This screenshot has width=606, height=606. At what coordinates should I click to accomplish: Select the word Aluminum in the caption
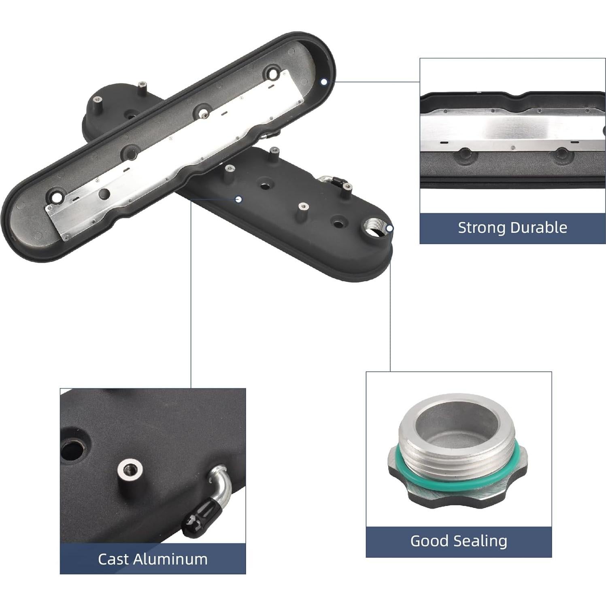[170, 559]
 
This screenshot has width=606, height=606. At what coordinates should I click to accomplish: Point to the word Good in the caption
[428, 541]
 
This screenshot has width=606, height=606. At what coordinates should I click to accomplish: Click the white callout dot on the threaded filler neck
[389, 228]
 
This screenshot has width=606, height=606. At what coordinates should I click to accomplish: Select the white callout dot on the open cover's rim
[324, 82]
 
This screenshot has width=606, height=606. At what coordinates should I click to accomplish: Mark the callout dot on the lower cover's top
[239, 199]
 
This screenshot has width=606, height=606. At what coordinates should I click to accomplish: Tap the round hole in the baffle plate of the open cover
[104, 193]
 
